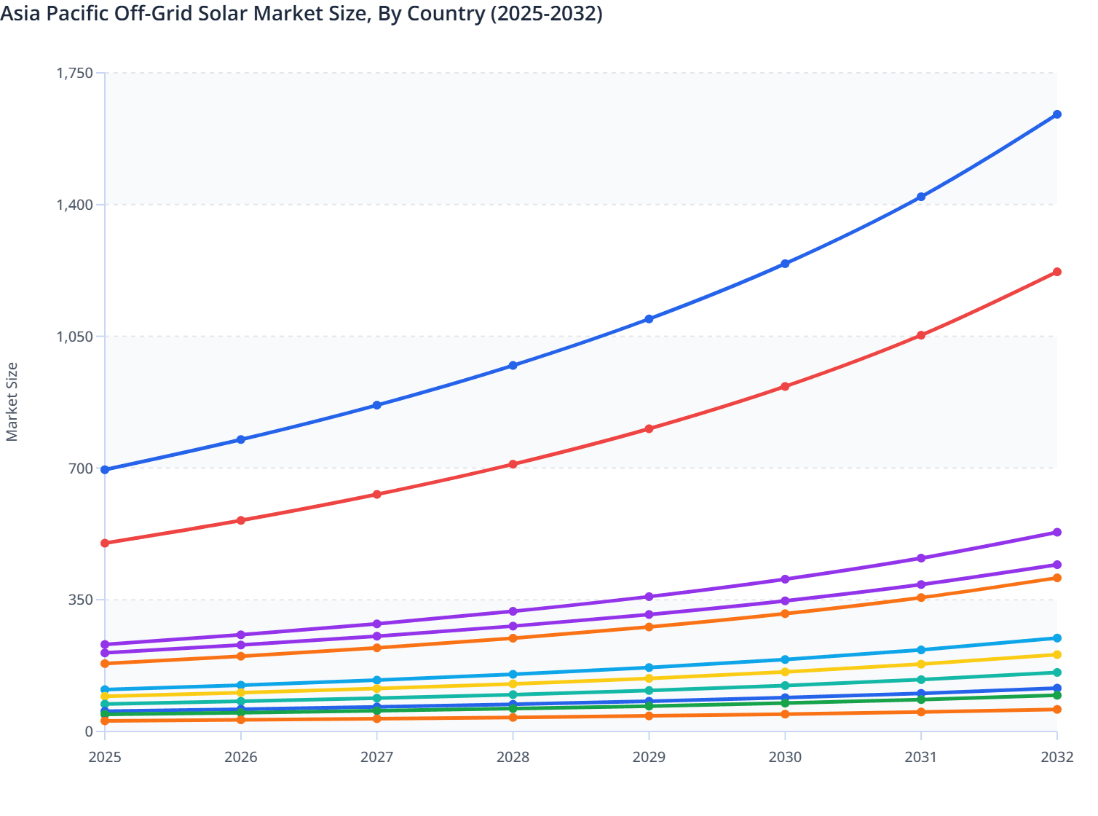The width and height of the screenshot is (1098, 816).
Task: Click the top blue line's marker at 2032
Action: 1056,114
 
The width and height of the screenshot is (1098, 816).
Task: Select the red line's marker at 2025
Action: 105,544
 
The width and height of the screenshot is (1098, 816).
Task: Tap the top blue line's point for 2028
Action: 513,366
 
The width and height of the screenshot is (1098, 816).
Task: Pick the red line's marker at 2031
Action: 921,335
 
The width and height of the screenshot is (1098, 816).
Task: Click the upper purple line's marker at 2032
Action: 1056,533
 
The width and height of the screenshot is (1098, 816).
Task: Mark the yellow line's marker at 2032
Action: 1056,655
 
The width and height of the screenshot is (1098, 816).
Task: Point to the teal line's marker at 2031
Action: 921,680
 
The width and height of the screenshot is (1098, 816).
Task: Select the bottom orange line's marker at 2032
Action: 1056,710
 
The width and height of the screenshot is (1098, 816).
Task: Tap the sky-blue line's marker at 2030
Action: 785,659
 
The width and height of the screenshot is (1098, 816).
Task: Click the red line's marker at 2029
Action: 649,429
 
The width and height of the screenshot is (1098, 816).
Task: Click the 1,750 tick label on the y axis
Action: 74,73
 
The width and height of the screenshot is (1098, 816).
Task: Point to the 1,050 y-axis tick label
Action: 74,337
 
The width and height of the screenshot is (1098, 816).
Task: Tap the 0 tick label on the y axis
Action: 89,731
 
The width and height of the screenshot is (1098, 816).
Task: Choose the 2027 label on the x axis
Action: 376,758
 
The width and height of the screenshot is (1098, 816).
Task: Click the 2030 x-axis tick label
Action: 785,758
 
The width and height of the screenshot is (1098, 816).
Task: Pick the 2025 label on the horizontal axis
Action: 105,758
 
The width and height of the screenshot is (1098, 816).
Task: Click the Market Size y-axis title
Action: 12,401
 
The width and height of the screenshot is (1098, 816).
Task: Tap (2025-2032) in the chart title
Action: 546,13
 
